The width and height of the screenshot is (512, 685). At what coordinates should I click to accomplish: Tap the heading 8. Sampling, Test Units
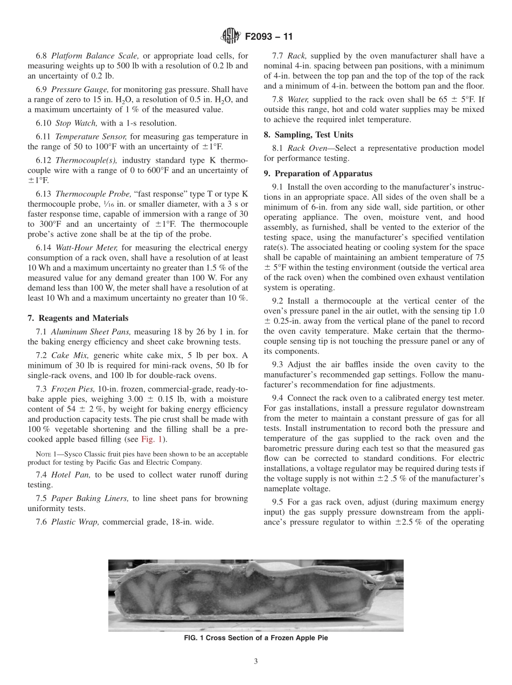coord(308,135)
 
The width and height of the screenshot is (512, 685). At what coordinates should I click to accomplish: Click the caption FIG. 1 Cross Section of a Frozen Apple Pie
coord(255,638)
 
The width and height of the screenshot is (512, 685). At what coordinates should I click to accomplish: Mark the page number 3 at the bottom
coord(255,661)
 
